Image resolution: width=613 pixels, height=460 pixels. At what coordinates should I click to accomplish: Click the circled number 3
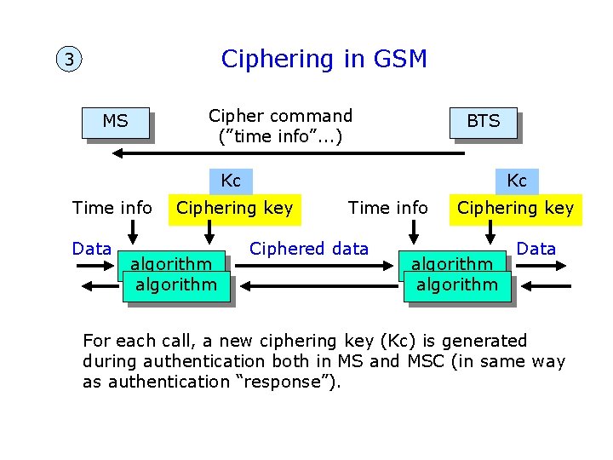click(69, 60)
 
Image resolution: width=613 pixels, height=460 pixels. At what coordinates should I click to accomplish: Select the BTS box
click(483, 122)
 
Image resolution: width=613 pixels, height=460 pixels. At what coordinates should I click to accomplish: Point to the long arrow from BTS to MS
click(289, 154)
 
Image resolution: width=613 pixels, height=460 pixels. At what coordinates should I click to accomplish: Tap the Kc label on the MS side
click(231, 181)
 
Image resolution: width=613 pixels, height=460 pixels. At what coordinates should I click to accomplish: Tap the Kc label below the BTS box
click(517, 181)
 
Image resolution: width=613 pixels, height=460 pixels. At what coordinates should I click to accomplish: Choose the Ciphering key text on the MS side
click(234, 208)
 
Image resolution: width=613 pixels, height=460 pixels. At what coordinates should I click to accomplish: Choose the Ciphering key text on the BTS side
click(515, 208)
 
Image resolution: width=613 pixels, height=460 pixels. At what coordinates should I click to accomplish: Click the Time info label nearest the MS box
click(112, 208)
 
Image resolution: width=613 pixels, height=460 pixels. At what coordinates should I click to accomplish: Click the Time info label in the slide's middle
click(388, 208)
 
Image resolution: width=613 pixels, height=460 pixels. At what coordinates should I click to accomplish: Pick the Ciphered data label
click(309, 249)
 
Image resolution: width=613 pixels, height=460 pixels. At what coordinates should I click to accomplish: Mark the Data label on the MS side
click(92, 249)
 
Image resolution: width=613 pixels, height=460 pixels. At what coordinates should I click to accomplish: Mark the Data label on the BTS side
click(536, 249)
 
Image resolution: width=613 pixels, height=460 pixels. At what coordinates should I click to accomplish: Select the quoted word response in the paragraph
click(285, 382)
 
